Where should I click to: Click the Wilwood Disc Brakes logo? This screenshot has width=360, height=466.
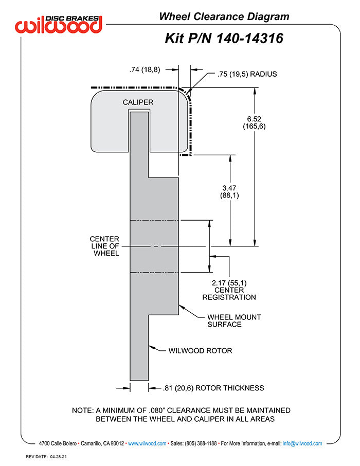coord(59,24)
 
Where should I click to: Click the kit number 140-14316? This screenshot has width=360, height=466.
coord(249,39)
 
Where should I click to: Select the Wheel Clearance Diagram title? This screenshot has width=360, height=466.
coord(224,16)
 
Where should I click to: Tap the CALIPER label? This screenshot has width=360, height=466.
coord(138,102)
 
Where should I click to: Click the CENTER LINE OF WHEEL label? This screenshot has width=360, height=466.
coord(104,246)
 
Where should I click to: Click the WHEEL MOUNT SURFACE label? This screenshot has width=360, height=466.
coord(234,320)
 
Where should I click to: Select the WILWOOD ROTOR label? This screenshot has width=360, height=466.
coord(200,351)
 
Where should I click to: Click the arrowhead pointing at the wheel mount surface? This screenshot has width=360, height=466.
coord(182,307)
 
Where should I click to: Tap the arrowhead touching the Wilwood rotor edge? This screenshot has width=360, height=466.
coord(152,347)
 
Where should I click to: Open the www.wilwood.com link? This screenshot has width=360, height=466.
coord(147,443)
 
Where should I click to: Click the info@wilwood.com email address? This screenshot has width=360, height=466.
coord(302,443)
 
